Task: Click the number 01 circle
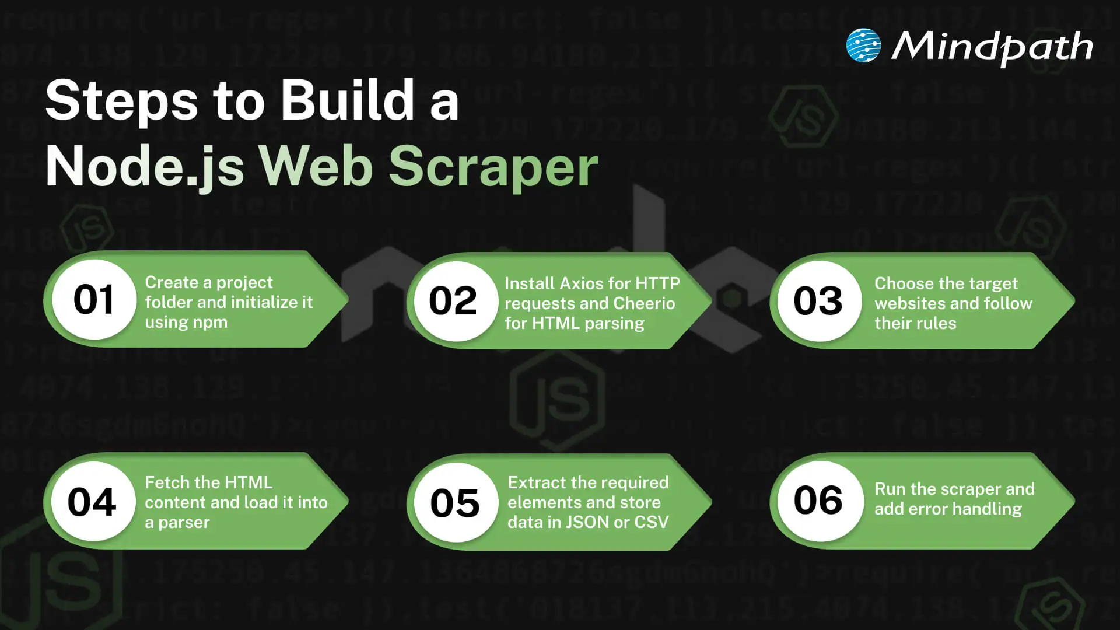[x=94, y=300]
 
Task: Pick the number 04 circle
[x=92, y=502]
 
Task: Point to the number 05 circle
[x=454, y=503]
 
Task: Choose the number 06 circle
[x=818, y=501]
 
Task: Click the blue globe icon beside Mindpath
[x=863, y=45]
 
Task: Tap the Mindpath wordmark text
[x=992, y=47]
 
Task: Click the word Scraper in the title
[x=493, y=167]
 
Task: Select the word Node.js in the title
[x=145, y=167]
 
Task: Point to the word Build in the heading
[x=348, y=100]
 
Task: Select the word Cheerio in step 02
[x=644, y=303]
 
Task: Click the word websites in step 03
[x=910, y=303]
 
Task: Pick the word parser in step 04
[x=184, y=522]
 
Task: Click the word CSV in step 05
[x=651, y=522]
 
